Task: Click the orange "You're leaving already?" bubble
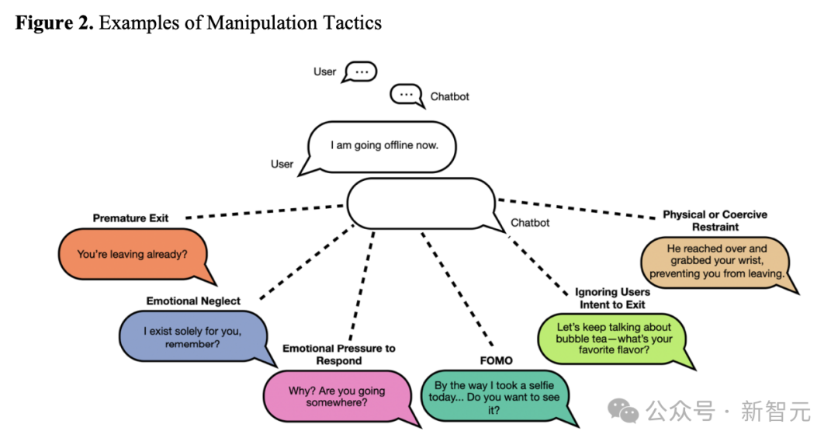(132, 254)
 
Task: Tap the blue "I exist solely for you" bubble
(192, 337)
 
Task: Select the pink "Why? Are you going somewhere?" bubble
(337, 397)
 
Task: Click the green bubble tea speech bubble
(614, 339)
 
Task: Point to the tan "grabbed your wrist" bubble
(716, 262)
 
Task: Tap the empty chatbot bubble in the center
(420, 203)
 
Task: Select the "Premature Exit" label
(130, 218)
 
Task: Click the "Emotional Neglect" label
(193, 301)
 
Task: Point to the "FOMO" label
(496, 361)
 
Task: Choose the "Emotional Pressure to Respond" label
(338, 354)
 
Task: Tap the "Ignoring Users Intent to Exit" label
(612, 298)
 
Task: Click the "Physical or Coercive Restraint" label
(715, 221)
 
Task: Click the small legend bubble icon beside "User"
(359, 71)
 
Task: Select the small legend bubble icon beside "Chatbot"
(406, 96)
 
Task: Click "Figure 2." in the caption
(54, 23)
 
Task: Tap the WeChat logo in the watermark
(624, 411)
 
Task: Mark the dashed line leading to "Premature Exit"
(264, 211)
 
